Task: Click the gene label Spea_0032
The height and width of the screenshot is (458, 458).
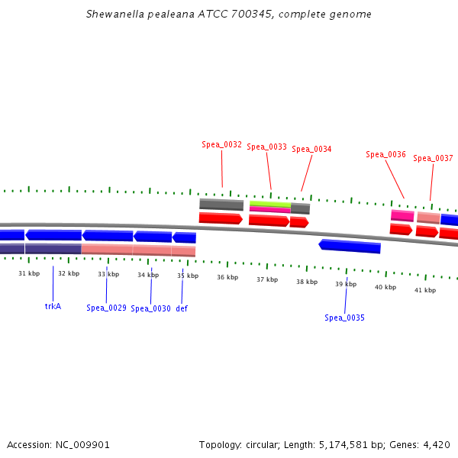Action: click(x=221, y=144)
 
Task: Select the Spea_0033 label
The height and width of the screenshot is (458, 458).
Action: click(x=266, y=147)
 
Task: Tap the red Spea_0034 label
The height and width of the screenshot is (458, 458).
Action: click(x=311, y=150)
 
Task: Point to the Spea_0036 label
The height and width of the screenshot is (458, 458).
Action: click(x=385, y=154)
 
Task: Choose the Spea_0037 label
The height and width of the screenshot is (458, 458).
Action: click(x=433, y=159)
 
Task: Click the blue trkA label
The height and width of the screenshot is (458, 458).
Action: click(x=53, y=306)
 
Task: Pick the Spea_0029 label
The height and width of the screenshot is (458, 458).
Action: click(x=106, y=308)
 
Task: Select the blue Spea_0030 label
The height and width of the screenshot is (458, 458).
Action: click(x=150, y=308)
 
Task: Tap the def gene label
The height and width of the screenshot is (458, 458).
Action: click(x=182, y=308)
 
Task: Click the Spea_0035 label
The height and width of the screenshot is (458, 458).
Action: click(x=344, y=318)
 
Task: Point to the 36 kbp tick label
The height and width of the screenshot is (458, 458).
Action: click(x=227, y=277)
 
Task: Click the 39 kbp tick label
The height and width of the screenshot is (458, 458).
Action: click(x=346, y=284)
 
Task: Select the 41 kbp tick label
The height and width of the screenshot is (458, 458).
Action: click(x=425, y=290)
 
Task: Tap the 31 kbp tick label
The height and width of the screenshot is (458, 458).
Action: click(x=29, y=273)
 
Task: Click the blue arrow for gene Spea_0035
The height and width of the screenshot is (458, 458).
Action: click(x=350, y=246)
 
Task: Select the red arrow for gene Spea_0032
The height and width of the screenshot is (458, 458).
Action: click(x=221, y=218)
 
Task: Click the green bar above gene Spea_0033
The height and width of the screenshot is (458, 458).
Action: click(x=269, y=204)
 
